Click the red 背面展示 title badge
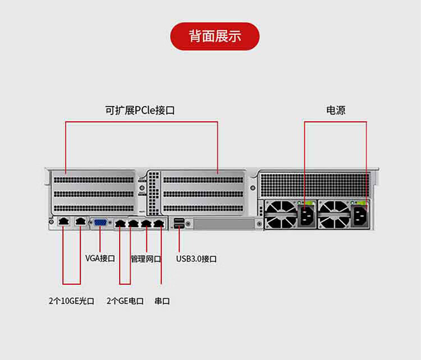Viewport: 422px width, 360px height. point(215,36)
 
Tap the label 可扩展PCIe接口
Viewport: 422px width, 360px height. point(140,110)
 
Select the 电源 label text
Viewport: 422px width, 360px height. point(336,110)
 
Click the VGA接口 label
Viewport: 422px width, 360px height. point(100,259)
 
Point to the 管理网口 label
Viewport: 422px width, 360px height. point(146,259)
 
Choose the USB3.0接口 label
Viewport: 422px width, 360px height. point(196,259)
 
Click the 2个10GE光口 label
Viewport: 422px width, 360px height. point(72,301)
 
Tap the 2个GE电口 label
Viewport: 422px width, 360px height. point(125,301)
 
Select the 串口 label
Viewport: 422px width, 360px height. point(162,301)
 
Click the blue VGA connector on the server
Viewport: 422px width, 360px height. point(100,223)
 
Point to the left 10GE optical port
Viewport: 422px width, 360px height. point(63,221)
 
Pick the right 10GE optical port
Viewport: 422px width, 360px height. point(80,221)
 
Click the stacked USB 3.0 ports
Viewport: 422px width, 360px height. point(179,223)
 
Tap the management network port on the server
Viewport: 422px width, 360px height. point(146,223)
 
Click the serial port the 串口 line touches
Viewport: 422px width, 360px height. point(159,223)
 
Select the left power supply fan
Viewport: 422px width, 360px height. point(281,215)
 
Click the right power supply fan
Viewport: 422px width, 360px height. point(334,215)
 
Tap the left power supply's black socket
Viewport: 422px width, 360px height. point(306,216)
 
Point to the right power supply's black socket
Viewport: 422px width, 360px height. point(360,216)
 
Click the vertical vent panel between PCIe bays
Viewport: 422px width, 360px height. point(153,193)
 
